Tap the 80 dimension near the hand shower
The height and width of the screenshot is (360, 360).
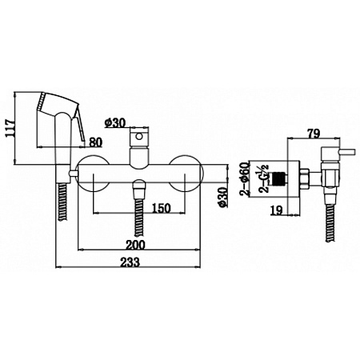point(96,143)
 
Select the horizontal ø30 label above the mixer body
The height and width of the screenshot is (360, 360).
point(116,122)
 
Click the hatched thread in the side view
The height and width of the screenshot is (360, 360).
point(278,178)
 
